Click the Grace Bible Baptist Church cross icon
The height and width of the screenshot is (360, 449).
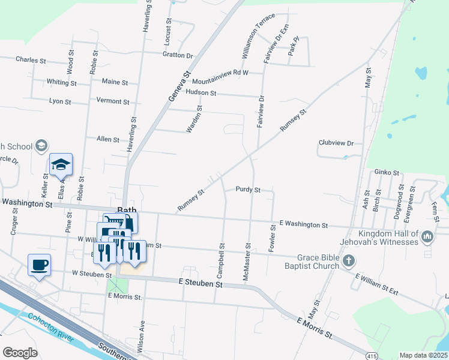(350, 262)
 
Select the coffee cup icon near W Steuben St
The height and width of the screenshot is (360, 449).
(39, 265)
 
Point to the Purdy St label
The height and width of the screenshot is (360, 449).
(247, 190)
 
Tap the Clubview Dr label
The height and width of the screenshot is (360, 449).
(336, 143)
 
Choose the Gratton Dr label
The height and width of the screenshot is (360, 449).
(177, 55)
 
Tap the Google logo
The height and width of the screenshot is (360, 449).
(19, 353)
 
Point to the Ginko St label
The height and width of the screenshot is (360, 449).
(387, 173)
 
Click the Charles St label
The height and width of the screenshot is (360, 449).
(31, 60)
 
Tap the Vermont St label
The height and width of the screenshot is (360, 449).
(112, 101)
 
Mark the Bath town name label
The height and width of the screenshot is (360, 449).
(127, 210)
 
